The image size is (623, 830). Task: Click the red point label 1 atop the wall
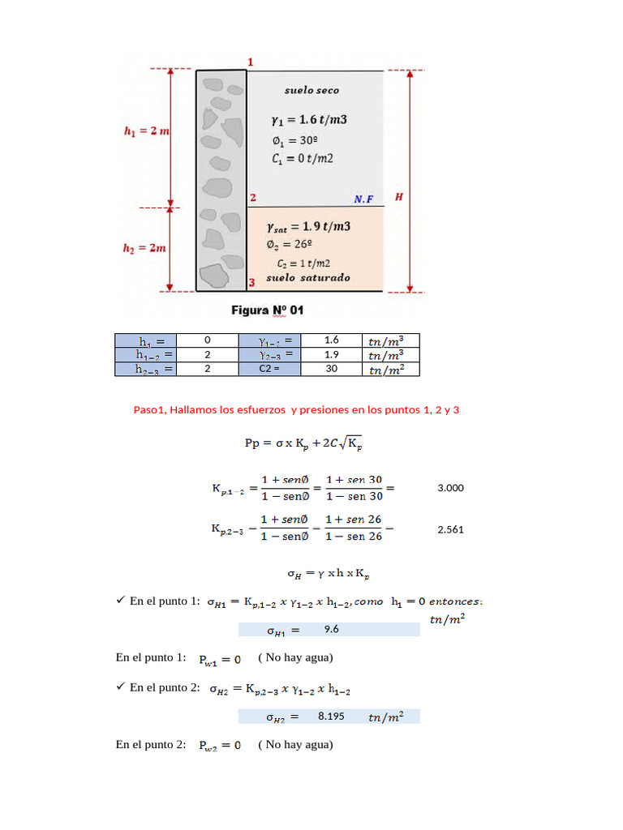[251, 62]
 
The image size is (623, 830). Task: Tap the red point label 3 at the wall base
[252, 282]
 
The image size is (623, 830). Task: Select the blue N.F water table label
[363, 199]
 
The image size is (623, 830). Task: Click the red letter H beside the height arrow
[397, 196]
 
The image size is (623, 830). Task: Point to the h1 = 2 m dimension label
[146, 131]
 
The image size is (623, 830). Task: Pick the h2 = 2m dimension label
[145, 248]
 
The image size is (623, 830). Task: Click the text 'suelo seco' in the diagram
[311, 90]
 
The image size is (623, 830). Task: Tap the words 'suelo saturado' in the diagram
[308, 277]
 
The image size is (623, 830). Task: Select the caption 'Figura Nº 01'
[267, 310]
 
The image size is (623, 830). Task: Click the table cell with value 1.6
[331, 340]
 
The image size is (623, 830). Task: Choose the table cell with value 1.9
[331, 354]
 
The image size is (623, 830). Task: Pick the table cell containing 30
[331, 368]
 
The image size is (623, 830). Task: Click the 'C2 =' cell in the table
[269, 368]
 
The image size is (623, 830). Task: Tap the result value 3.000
[450, 488]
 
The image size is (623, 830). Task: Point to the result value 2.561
[450, 529]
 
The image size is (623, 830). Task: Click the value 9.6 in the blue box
[331, 629]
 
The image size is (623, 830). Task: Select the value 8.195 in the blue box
[332, 717]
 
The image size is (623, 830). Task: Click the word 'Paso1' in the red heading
[150, 410]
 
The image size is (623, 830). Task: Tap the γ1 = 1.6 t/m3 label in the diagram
[309, 120]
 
